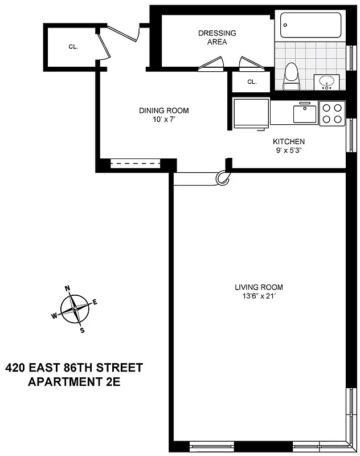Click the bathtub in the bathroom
310,26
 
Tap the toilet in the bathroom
291,76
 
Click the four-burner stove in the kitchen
332,112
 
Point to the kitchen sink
305,113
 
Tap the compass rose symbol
74,310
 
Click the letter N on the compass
67,288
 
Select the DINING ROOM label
163,111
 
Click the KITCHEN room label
289,141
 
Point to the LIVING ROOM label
259,287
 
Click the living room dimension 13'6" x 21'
259,296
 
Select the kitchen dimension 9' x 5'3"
289,150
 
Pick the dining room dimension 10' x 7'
163,120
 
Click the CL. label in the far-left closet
73,47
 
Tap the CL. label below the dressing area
252,82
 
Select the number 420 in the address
18,368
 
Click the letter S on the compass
82,330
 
